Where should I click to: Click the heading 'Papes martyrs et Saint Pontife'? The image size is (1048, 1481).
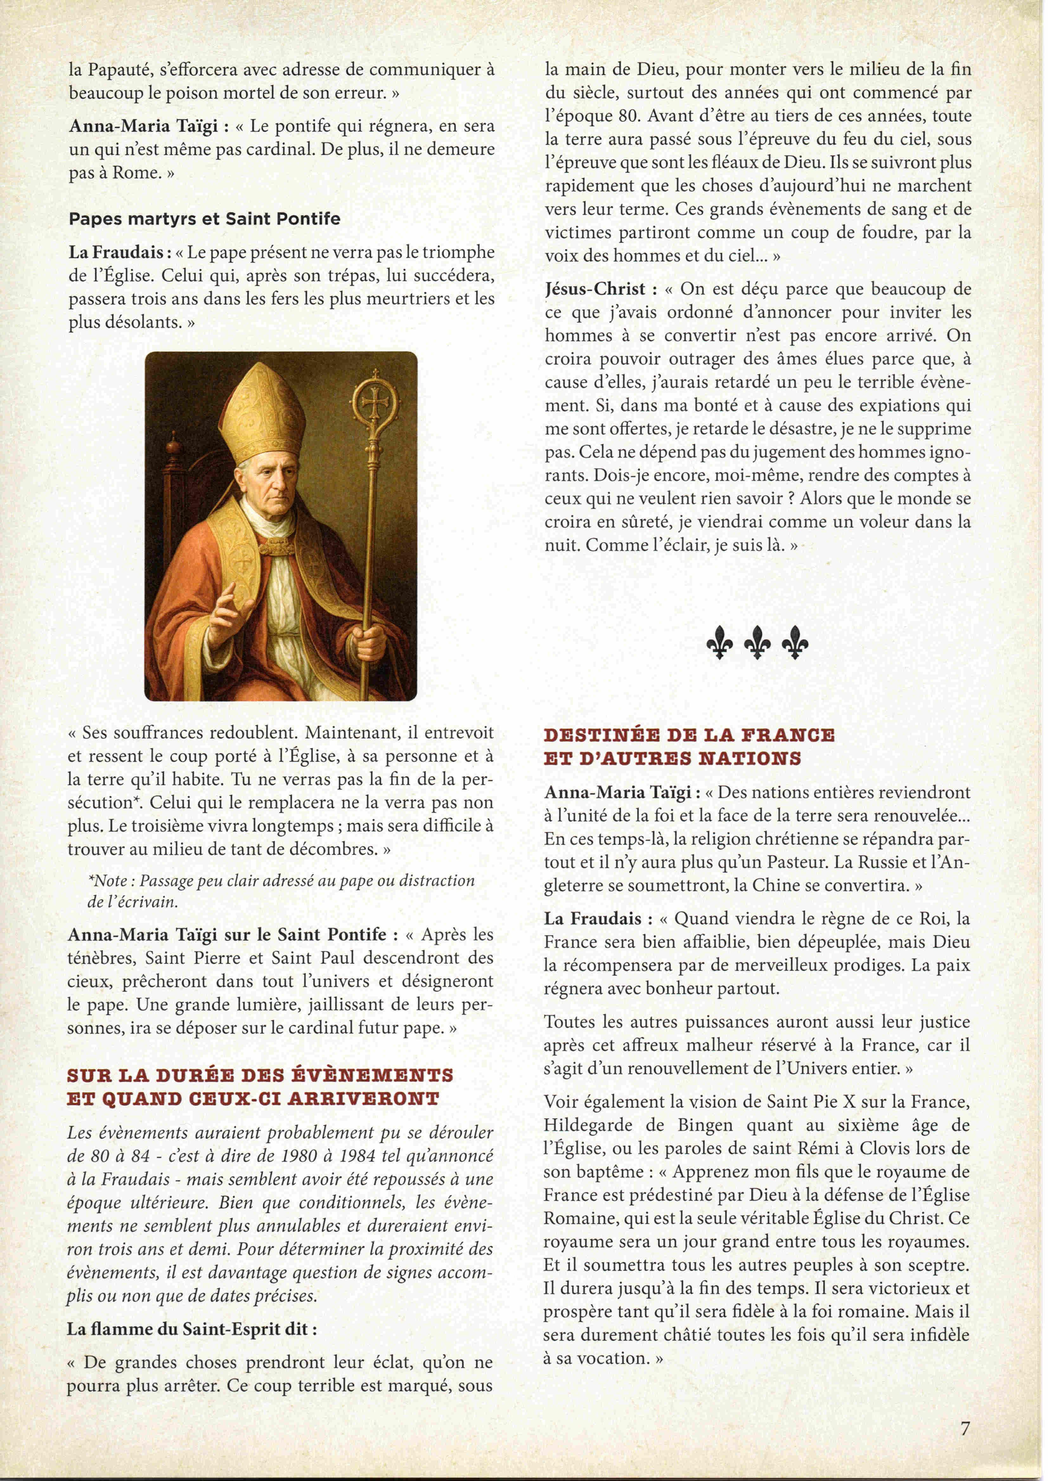pos(204,219)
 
